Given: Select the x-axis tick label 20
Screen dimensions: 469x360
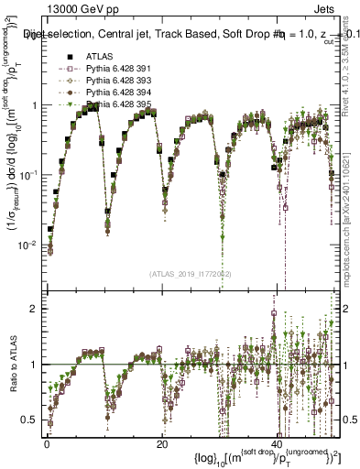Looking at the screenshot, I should (x=162, y=443).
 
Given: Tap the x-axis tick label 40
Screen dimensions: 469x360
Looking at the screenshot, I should (x=277, y=443).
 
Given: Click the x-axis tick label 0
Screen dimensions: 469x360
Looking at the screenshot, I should (x=47, y=443).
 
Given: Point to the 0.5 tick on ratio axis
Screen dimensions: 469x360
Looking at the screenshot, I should (x=32, y=420).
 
